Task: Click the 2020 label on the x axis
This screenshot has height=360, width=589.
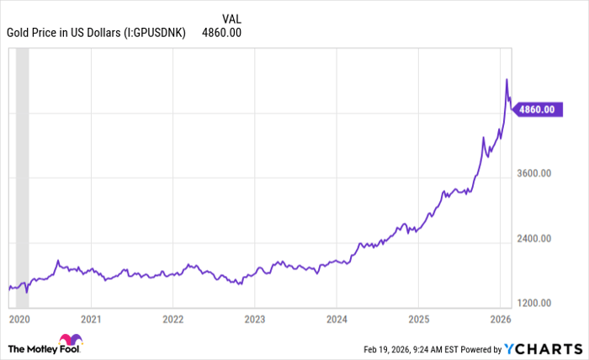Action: pos(19,320)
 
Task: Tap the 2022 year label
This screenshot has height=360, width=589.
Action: pos(172,320)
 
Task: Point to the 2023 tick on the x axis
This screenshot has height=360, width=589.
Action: pos(255,320)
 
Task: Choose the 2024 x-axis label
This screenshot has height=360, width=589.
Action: pos(337,320)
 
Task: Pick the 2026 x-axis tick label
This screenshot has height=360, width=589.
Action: pos(501,320)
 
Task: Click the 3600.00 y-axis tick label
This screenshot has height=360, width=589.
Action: pos(533,174)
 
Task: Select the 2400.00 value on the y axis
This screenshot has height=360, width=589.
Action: pos(533,239)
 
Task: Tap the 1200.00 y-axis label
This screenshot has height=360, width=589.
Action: pos(533,303)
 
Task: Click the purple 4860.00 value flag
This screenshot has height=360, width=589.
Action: pos(535,109)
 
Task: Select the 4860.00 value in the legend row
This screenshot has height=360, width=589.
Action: pos(222,33)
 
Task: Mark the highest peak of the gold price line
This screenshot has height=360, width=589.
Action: pos(507,79)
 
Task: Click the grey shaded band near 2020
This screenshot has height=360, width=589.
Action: pos(23,168)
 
